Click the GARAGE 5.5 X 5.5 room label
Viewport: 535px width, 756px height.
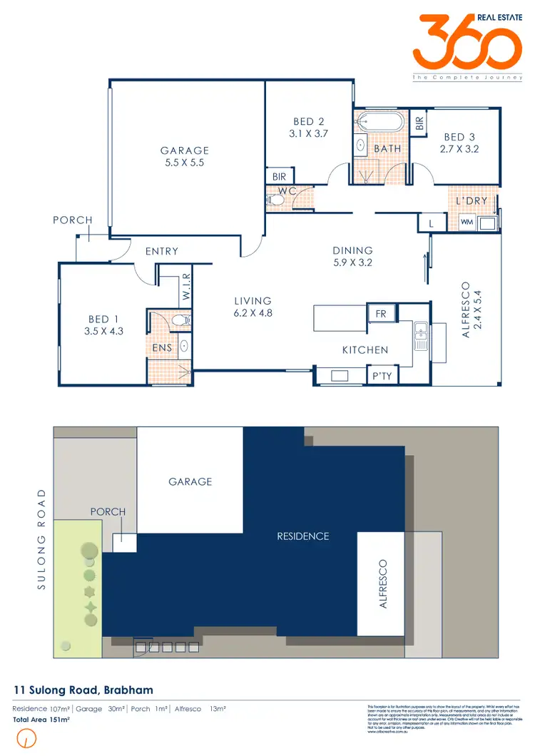click(x=185, y=156)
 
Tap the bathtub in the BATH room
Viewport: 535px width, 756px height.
click(x=379, y=121)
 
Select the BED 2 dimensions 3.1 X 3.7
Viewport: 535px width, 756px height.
click(x=308, y=133)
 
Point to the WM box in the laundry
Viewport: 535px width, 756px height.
click(x=467, y=223)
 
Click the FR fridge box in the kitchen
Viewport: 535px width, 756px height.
click(x=377, y=312)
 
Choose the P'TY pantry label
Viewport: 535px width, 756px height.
click(x=381, y=375)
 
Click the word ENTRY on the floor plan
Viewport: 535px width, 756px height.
click(x=161, y=251)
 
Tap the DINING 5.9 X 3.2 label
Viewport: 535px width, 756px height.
click(x=352, y=256)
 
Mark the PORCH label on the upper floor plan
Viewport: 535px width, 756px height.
click(x=73, y=220)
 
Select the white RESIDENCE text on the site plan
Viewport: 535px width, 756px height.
click(x=303, y=536)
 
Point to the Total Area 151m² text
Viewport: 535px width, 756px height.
click(x=41, y=720)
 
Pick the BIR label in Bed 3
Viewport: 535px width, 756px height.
click(x=419, y=123)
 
